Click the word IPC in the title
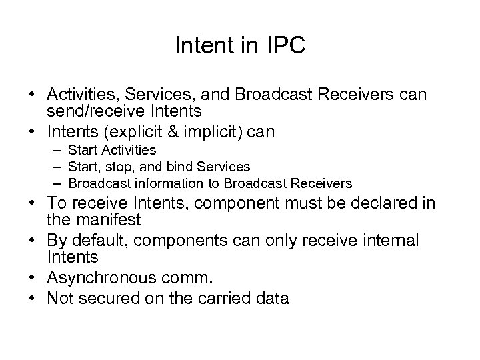point(283,46)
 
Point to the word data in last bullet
point(272,297)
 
